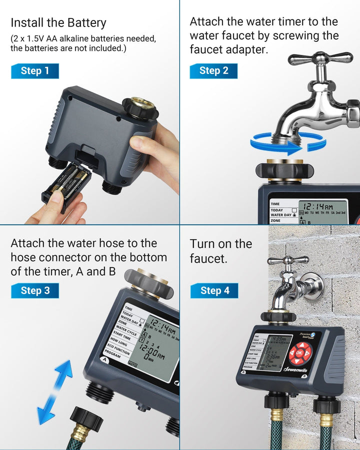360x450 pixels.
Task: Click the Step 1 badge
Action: coord(35,71)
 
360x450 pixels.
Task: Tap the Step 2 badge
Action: coord(213,71)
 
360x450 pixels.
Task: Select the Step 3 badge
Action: coord(35,290)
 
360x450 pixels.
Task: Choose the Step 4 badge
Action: coord(214,290)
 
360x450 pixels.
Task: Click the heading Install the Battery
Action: coord(58,23)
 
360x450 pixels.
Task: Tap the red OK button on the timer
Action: coord(299,353)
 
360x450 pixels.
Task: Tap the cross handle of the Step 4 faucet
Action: coord(287,260)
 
